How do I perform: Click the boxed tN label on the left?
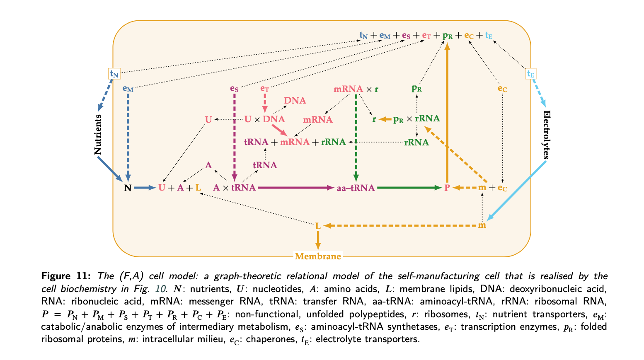(114, 74)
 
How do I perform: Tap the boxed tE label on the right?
(530, 74)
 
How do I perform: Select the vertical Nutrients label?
(98, 135)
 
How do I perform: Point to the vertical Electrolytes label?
(547, 135)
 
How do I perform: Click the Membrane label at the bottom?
(318, 256)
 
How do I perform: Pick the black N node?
(128, 188)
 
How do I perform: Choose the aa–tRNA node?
(356, 188)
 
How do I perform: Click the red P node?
(447, 188)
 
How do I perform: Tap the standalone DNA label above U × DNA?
(295, 101)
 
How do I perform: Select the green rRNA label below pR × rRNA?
(416, 143)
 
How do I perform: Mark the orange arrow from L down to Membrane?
(318, 240)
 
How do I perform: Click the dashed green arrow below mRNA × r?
(356, 137)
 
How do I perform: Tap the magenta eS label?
(234, 88)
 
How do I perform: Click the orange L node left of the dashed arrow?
(318, 226)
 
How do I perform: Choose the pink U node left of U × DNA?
(208, 120)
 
